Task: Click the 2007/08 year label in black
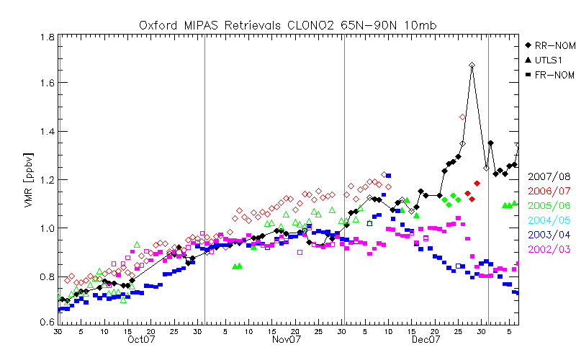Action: [x=549, y=176]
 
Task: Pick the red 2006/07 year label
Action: [x=549, y=191]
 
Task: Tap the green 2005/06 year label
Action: [x=549, y=205]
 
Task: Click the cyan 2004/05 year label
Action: [x=549, y=220]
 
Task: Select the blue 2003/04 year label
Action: [x=549, y=234]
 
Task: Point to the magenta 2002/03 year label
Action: [x=549, y=248]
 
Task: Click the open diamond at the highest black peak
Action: [x=472, y=66]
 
